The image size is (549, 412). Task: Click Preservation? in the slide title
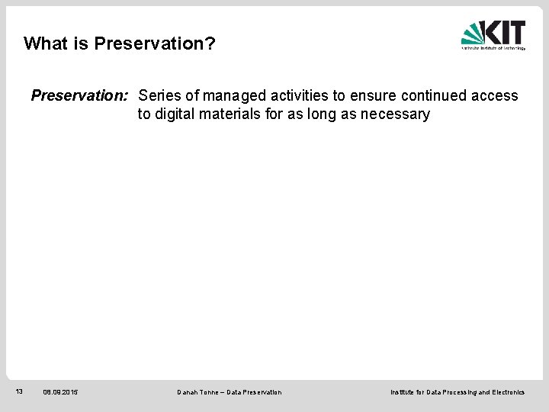point(155,43)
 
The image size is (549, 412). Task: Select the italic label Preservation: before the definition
point(80,96)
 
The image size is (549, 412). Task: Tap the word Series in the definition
point(159,96)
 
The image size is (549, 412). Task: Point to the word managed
point(230,96)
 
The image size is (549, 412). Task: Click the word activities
point(297,96)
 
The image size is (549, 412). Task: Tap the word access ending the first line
point(495,96)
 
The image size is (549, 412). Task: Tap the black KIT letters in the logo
point(506,32)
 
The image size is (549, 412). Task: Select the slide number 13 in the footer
point(20,391)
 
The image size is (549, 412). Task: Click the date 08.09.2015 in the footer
point(60,392)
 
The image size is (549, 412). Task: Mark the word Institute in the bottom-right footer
point(404,392)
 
